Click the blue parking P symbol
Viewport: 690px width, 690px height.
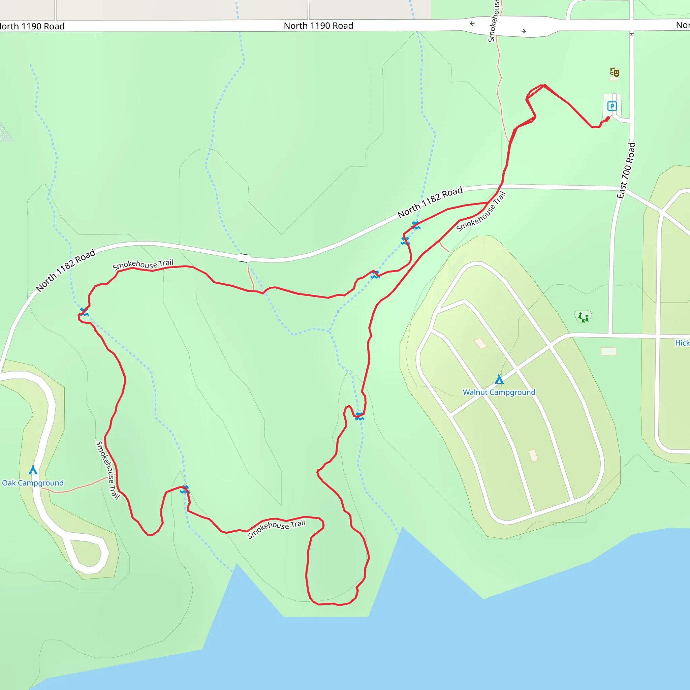point(612,106)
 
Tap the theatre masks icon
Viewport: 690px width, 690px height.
point(614,72)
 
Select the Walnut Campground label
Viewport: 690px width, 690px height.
point(499,392)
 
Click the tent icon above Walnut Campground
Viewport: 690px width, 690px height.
point(499,379)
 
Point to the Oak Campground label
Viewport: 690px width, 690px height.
point(33,483)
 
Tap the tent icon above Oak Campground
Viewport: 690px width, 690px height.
point(33,470)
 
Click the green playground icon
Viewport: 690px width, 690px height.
point(583,317)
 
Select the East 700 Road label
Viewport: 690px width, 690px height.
point(626,171)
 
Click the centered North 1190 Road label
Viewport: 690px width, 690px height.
point(318,26)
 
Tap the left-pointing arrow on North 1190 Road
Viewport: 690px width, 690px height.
point(472,24)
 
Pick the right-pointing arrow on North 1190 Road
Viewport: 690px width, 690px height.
point(523,31)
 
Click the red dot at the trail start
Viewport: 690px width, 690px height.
point(608,119)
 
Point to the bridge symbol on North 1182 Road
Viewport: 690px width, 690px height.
point(244,258)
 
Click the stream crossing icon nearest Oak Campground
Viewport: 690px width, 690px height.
point(184,489)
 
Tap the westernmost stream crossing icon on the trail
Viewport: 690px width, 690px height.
point(84,312)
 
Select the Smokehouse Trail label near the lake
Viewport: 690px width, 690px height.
point(276,529)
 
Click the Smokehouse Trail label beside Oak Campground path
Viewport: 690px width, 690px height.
point(107,470)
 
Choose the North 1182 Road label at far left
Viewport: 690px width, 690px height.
point(66,270)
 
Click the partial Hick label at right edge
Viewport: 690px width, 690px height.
point(682,343)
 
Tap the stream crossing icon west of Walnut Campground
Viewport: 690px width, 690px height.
point(359,416)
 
